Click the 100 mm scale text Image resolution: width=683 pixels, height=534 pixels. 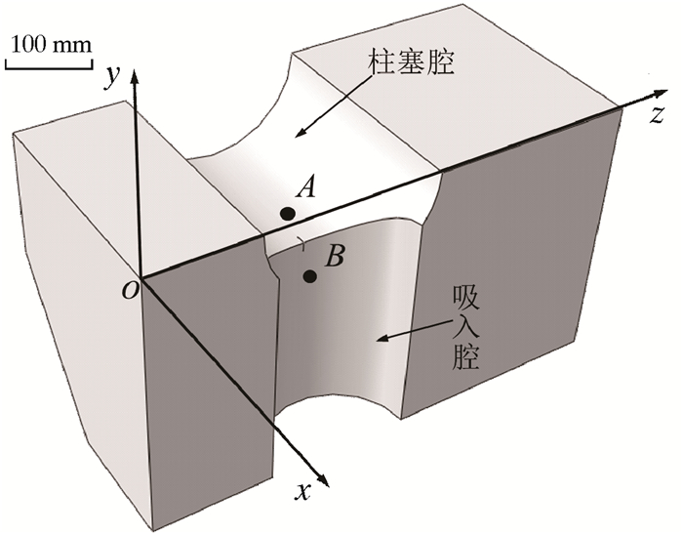click(x=51, y=44)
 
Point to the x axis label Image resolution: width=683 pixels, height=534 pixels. click(x=303, y=493)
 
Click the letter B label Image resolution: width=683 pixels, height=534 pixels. click(x=334, y=257)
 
